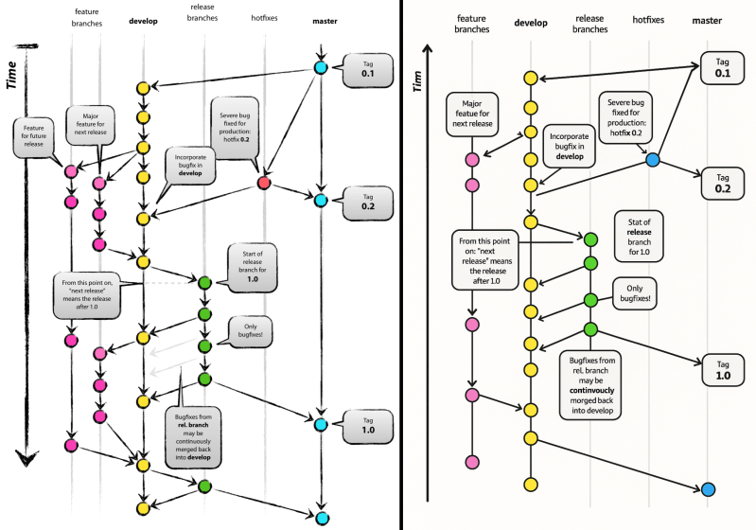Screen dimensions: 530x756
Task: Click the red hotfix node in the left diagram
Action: coord(264,182)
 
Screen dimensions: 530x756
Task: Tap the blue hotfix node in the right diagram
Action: coord(652,161)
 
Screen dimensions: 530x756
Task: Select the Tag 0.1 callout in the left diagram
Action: coord(364,69)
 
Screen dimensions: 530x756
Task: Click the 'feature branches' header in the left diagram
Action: coord(87,16)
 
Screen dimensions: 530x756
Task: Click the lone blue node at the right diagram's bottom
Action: coord(709,489)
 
